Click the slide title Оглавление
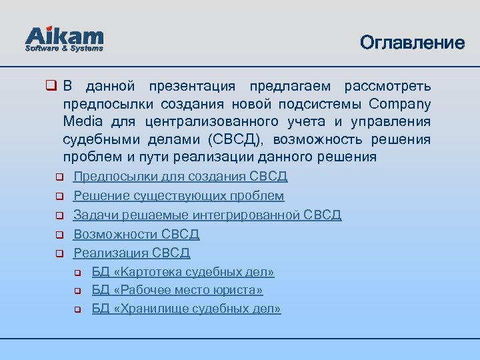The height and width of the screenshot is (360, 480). (x=412, y=43)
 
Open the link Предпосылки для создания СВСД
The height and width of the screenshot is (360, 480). (x=180, y=177)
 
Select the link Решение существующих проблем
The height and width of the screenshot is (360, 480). (x=179, y=196)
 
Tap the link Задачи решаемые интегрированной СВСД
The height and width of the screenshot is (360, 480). (x=207, y=215)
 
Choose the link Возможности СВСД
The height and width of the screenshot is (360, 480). (x=136, y=234)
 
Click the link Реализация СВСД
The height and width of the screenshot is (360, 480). (x=131, y=253)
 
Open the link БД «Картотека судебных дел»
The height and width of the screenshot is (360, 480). (x=183, y=272)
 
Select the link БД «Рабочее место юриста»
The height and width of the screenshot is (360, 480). (x=177, y=291)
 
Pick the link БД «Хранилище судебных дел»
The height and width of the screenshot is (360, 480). (x=186, y=309)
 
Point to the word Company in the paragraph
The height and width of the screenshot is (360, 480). (x=399, y=105)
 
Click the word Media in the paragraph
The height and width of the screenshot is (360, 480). (x=83, y=122)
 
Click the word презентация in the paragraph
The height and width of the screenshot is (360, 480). (x=192, y=87)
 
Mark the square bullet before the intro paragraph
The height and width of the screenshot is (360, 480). (x=50, y=87)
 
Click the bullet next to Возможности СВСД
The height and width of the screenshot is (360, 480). (x=59, y=235)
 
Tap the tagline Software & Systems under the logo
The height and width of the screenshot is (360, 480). (x=64, y=49)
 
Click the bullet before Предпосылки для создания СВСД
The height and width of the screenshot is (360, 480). (x=59, y=177)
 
